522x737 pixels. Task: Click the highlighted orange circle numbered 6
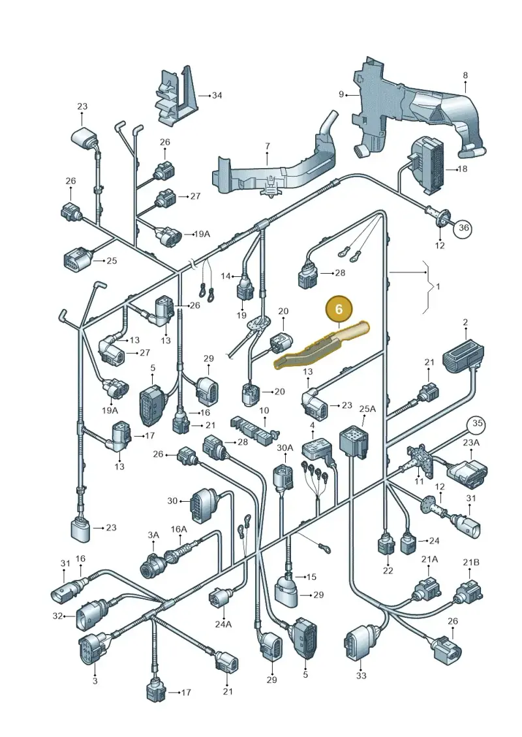[x=339, y=309]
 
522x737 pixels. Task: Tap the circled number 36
[x=464, y=228]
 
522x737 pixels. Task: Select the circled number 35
[x=477, y=424]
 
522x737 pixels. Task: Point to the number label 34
[x=217, y=95]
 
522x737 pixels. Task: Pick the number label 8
[x=465, y=75]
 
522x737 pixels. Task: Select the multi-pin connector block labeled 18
[x=428, y=166]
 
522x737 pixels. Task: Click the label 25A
[x=367, y=409]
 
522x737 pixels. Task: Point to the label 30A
[x=284, y=448]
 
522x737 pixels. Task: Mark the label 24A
[x=223, y=624]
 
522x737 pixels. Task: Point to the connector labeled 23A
[x=468, y=470]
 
